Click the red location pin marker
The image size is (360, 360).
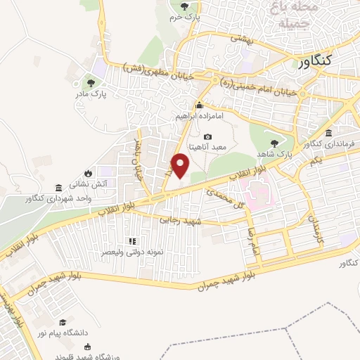tap(180, 166)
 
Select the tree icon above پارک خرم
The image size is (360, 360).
tap(184, 6)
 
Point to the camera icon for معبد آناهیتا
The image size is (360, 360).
tap(207, 136)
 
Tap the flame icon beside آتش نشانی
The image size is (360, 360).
tap(88, 173)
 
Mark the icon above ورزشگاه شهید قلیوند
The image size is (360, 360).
tap(87, 346)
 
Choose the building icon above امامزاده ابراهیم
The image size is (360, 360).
tap(200, 105)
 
